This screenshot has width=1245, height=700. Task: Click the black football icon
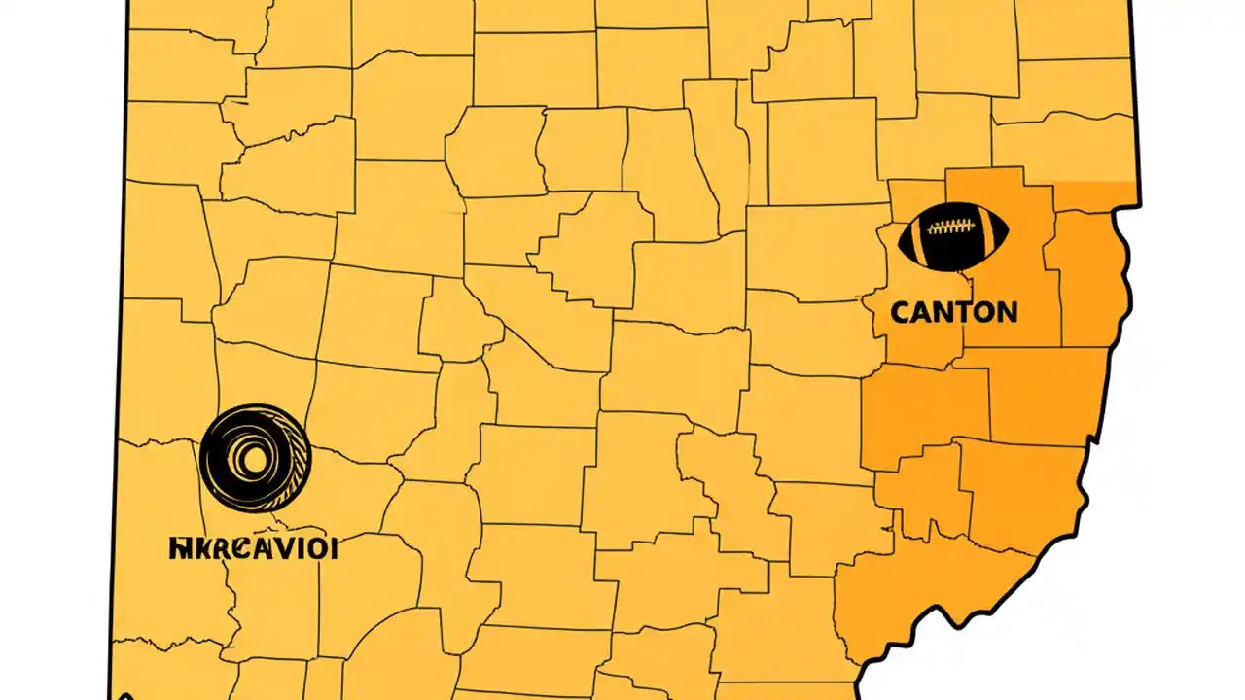click(953, 236)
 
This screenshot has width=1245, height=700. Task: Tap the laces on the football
click(952, 227)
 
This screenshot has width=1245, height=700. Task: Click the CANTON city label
click(953, 312)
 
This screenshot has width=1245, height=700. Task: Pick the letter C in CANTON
click(900, 312)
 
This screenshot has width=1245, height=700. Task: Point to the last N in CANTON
click(1006, 312)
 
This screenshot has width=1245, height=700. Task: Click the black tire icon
click(255, 458)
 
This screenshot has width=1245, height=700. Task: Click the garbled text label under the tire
click(253, 548)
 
